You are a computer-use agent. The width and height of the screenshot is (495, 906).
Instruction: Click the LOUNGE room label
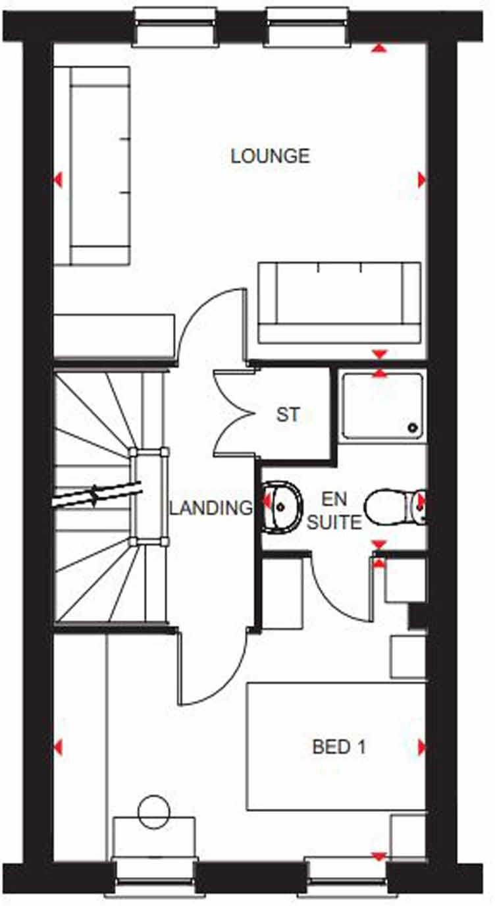(270, 156)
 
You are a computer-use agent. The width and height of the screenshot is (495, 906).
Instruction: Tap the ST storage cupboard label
(288, 415)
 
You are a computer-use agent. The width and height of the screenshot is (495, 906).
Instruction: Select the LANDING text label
(211, 508)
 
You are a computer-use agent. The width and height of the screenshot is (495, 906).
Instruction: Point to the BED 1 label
(339, 747)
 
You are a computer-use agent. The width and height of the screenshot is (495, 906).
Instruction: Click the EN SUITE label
(335, 512)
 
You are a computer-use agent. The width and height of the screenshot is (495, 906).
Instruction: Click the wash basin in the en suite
(281, 506)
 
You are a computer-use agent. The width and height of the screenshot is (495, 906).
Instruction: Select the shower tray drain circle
(413, 427)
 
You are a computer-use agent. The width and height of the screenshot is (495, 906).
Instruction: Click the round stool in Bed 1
(154, 811)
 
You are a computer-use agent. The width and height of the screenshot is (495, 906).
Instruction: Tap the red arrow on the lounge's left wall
(58, 179)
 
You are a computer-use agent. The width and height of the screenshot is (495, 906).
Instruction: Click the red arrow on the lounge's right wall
(421, 179)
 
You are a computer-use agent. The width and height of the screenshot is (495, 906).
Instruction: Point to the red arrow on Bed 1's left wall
(58, 747)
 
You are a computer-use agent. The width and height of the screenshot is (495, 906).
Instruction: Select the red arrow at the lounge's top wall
(378, 47)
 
